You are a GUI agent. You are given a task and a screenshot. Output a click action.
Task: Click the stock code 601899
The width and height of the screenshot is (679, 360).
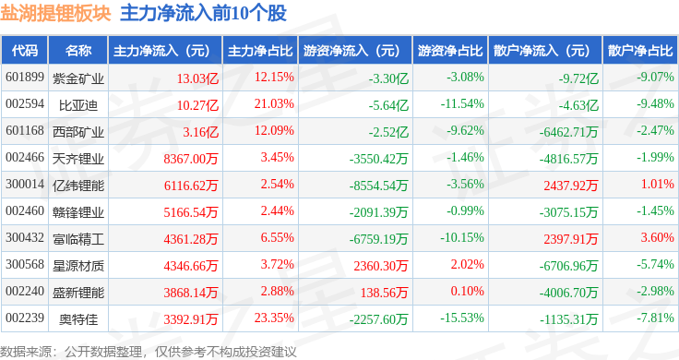click(25, 78)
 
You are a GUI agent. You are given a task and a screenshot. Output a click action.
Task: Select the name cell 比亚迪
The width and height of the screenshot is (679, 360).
click(78, 104)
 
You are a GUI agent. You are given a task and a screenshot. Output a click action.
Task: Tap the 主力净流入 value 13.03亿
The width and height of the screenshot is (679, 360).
click(197, 78)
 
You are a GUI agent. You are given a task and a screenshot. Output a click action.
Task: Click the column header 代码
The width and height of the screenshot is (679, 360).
click(25, 50)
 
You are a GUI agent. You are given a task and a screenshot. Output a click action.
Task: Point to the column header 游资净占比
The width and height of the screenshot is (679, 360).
click(450, 50)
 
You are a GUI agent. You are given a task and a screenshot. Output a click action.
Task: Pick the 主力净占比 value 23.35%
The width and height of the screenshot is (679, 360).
click(274, 318)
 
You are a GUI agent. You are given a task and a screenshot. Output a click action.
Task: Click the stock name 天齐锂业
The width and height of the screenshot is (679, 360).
click(78, 158)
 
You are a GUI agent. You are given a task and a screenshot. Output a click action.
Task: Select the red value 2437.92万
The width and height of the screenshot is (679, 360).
click(571, 186)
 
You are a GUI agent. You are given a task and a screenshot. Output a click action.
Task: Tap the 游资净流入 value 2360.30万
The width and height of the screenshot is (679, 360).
click(381, 266)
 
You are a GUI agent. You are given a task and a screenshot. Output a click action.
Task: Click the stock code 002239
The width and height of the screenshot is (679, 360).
click(25, 318)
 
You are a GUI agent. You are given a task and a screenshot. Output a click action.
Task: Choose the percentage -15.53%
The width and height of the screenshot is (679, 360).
click(462, 318)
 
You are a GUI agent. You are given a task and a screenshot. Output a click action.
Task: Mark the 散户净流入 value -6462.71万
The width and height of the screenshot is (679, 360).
click(568, 132)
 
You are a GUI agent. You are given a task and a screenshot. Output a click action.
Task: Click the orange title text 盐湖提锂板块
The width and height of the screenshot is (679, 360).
click(55, 13)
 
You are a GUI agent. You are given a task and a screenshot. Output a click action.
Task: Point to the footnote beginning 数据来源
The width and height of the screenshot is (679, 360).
click(149, 352)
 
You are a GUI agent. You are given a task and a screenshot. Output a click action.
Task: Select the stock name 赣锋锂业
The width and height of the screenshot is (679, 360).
click(78, 211)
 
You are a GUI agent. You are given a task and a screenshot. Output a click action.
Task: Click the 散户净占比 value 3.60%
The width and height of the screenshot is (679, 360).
click(658, 238)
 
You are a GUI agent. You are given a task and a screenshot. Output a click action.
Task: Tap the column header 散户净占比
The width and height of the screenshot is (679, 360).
click(640, 50)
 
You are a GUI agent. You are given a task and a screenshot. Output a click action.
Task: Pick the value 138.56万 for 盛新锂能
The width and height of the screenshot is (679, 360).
click(384, 293)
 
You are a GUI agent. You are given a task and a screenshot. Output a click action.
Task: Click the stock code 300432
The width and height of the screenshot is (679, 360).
click(25, 238)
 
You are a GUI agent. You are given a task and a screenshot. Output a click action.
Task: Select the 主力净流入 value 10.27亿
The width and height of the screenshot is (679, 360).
click(197, 105)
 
